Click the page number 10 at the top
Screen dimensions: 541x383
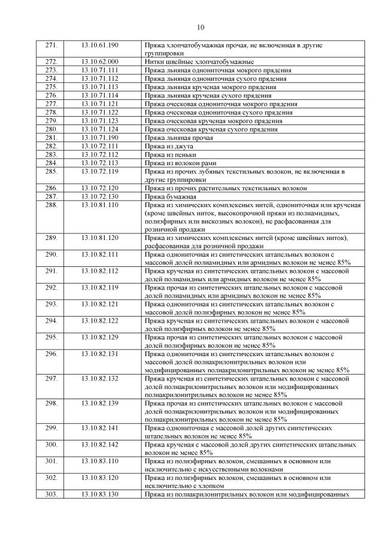pos(200,28)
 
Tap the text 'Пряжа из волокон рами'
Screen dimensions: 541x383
pos(180,163)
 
